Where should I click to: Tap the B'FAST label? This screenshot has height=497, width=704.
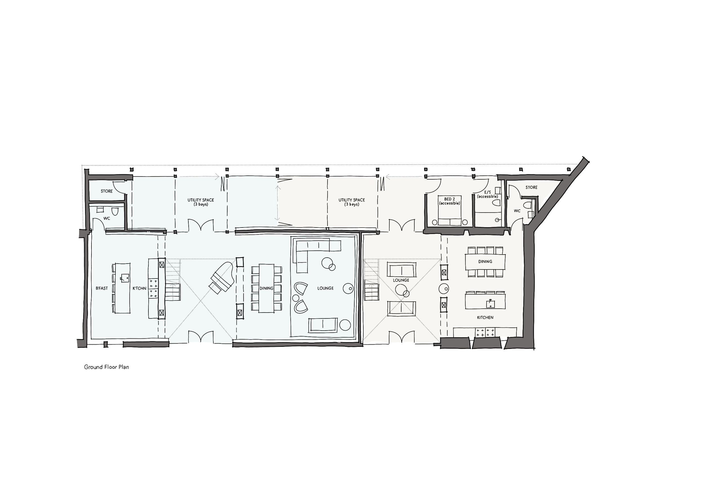click(102, 288)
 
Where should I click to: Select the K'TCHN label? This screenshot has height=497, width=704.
click(139, 288)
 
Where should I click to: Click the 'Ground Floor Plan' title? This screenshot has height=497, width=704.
click(106, 367)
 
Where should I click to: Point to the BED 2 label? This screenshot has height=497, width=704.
click(449, 199)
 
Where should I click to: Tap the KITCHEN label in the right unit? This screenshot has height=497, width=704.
click(485, 317)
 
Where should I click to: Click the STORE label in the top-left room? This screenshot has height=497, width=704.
click(107, 191)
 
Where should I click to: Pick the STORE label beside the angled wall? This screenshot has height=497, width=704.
click(531, 187)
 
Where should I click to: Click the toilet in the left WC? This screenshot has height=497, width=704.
click(115, 211)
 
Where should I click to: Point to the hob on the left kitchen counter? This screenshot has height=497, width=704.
click(153, 288)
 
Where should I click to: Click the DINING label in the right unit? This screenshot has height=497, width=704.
click(485, 262)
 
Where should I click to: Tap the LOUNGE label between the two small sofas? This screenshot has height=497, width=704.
click(401, 280)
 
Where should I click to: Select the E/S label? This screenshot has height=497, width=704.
click(487, 192)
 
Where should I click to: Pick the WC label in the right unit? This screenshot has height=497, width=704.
click(517, 211)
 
